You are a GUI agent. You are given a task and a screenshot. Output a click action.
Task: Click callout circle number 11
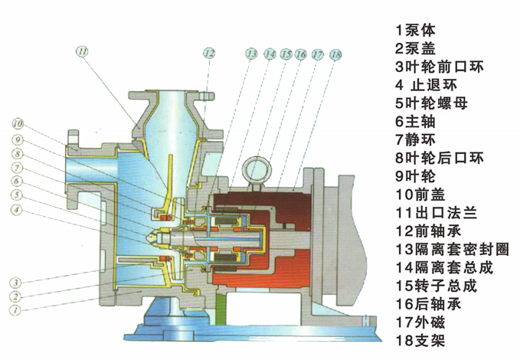click(x=83, y=52)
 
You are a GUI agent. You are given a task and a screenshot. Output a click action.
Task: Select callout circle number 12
click(x=209, y=53)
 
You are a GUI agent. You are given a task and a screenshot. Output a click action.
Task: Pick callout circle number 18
click(x=335, y=54)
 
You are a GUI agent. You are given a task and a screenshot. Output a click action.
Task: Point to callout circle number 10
click(x=18, y=123)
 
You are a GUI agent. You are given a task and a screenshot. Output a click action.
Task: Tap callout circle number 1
click(x=13, y=310)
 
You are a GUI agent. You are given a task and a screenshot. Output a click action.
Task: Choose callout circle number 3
click(x=15, y=283)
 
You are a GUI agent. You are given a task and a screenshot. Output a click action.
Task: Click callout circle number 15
click(x=286, y=54)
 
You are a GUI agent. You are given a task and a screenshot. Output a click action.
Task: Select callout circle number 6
click(x=17, y=181)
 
